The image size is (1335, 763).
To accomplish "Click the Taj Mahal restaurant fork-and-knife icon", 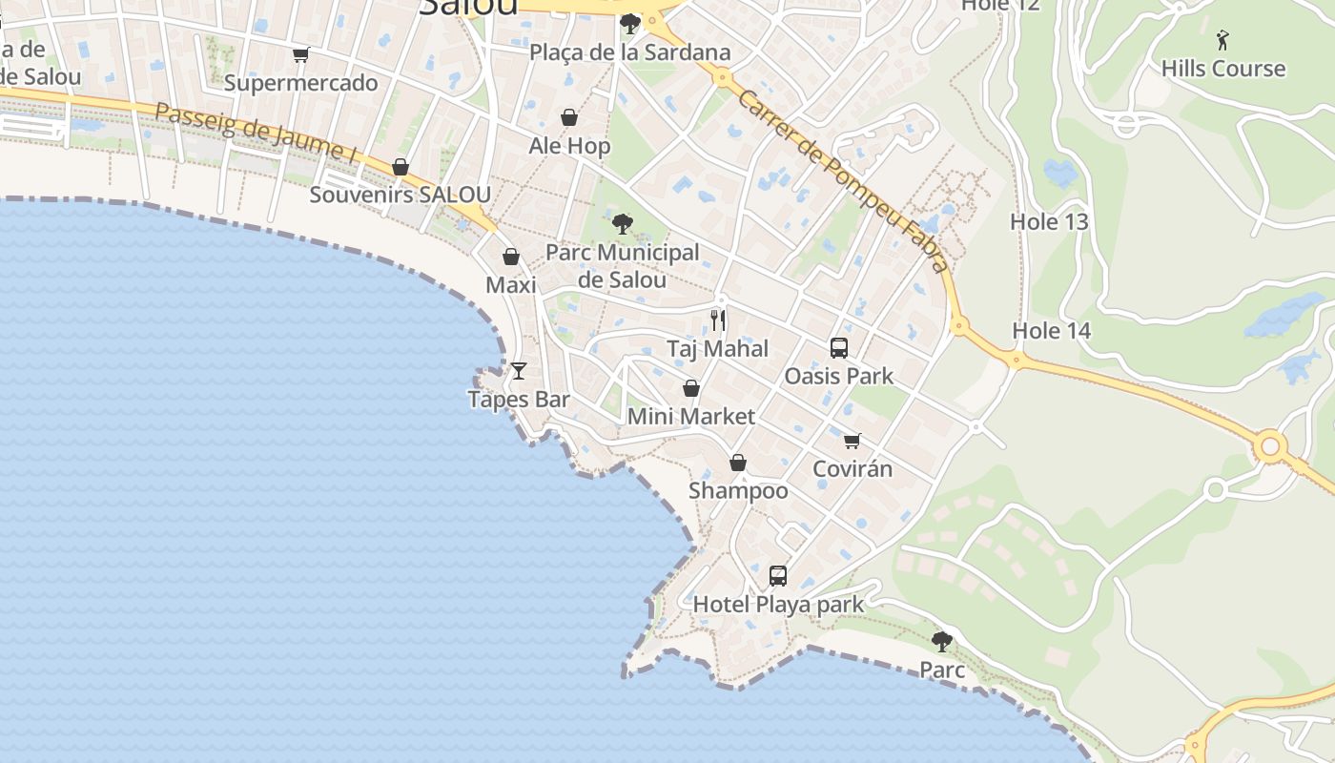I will click(x=718, y=320).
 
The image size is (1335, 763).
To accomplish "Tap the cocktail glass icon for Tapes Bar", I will click(x=519, y=370).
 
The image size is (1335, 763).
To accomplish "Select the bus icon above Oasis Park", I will click(x=839, y=348).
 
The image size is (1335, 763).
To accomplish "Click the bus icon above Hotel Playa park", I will click(x=778, y=576).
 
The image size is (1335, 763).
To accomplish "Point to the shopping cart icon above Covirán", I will click(x=852, y=441).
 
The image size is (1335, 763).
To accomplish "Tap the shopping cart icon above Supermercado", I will click(x=301, y=55).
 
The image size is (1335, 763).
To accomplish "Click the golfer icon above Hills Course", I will click(x=1223, y=40).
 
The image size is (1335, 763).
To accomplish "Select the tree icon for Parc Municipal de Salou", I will click(x=623, y=224).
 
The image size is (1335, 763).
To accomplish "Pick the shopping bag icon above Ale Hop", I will click(x=569, y=117).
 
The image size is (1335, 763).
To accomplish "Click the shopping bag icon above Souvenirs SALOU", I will click(x=400, y=167).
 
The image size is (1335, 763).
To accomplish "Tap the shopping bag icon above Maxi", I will click(x=511, y=257).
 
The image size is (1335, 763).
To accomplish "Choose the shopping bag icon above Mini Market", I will click(x=691, y=388).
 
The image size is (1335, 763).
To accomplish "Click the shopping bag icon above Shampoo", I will click(x=738, y=463).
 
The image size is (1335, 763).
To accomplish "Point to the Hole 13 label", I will click(x=1049, y=222).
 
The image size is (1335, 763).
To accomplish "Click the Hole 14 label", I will click(x=1051, y=331).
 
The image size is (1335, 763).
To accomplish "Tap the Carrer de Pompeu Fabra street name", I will click(x=843, y=181).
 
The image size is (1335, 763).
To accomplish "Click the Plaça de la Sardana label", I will click(x=631, y=52).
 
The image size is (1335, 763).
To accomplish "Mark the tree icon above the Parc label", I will click(x=942, y=641).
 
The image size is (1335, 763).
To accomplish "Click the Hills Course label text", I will click(x=1223, y=69).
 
